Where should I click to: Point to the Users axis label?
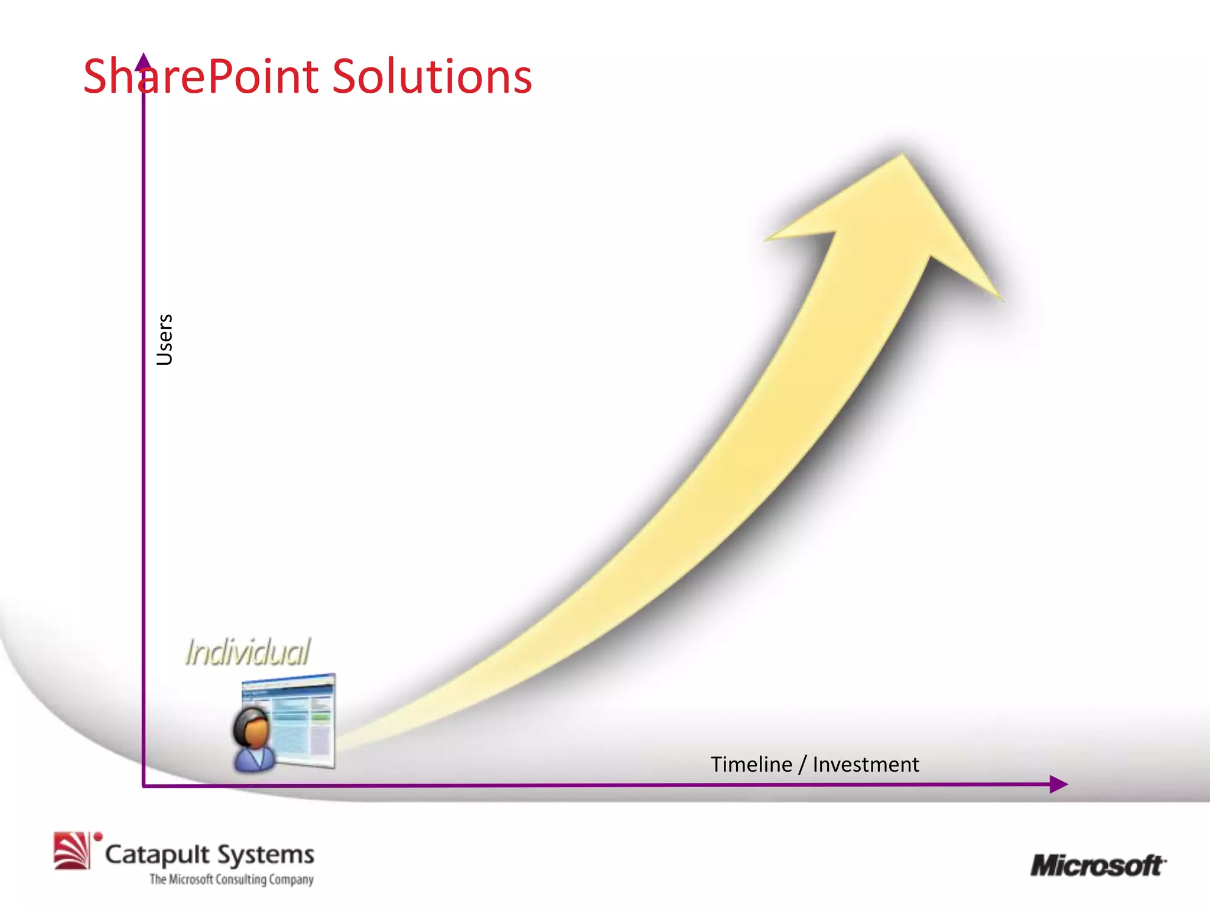point(164,340)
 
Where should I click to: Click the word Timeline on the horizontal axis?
point(751,765)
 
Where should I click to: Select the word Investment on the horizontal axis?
point(866,765)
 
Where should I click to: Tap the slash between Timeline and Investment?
point(802,765)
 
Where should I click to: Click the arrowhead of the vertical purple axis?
point(143,60)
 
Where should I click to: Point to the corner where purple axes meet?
point(144,785)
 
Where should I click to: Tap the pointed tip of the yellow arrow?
point(902,156)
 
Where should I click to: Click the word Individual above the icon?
point(247,652)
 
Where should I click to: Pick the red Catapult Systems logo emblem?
point(71,851)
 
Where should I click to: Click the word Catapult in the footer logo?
point(157,854)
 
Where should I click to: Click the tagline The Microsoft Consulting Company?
point(231,879)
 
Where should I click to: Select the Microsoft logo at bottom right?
point(1098,866)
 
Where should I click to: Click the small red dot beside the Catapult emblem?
point(98,836)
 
